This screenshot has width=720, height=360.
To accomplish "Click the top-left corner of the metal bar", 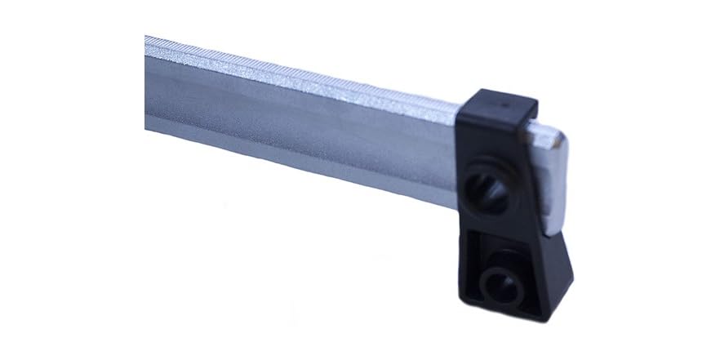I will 147,36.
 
